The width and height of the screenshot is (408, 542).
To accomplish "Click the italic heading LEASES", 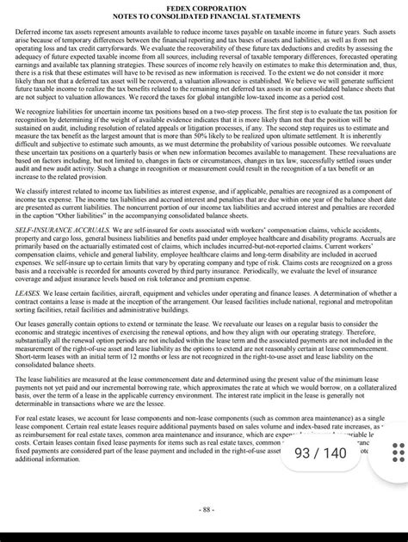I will (x=28, y=293).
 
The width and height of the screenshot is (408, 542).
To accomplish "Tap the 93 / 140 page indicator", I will (x=320, y=453).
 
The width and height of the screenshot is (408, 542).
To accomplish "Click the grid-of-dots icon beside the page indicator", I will (x=398, y=453).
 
